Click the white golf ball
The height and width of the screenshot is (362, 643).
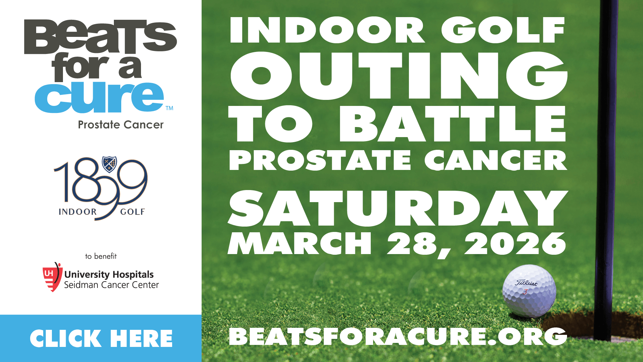[529, 291]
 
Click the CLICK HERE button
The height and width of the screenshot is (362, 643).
[101, 338]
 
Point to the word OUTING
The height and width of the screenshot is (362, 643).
[399, 76]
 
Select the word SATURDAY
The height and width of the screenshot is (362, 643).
[398, 208]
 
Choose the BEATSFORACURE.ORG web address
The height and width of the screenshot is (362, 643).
[398, 337]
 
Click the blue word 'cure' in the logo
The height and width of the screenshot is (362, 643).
[99, 97]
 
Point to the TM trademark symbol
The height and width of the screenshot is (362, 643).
[169, 108]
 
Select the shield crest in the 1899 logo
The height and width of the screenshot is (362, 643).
[110, 164]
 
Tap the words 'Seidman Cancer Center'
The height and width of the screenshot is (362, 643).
[112, 285]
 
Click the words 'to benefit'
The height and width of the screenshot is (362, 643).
[101, 256]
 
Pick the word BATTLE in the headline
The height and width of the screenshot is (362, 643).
[453, 123]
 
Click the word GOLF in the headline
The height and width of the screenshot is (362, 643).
[503, 30]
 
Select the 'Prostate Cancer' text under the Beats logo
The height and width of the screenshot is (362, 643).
[121, 125]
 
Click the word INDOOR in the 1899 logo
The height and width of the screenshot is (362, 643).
[78, 212]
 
